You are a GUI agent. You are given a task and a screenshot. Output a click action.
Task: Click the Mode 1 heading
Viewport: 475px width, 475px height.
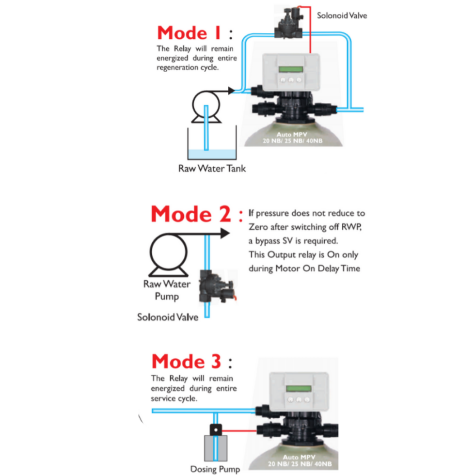tap(190, 33)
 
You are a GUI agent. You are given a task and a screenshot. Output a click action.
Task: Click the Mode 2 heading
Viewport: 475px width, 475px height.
tap(191, 214)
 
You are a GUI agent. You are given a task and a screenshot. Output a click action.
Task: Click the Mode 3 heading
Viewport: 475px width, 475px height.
tap(187, 362)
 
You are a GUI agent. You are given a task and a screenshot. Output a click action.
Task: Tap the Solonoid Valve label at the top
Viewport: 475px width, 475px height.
tap(342, 16)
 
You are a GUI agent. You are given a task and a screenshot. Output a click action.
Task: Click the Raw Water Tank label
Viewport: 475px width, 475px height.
tap(212, 169)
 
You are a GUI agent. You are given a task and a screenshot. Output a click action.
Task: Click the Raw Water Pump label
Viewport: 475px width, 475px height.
tap(167, 290)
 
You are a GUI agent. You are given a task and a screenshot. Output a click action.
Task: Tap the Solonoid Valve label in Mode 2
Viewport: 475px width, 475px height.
tap(167, 317)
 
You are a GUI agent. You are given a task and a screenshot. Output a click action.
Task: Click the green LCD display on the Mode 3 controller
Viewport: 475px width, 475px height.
tap(297, 389)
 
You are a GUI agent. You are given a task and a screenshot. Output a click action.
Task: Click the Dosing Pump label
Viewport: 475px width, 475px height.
tap(215, 469)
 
